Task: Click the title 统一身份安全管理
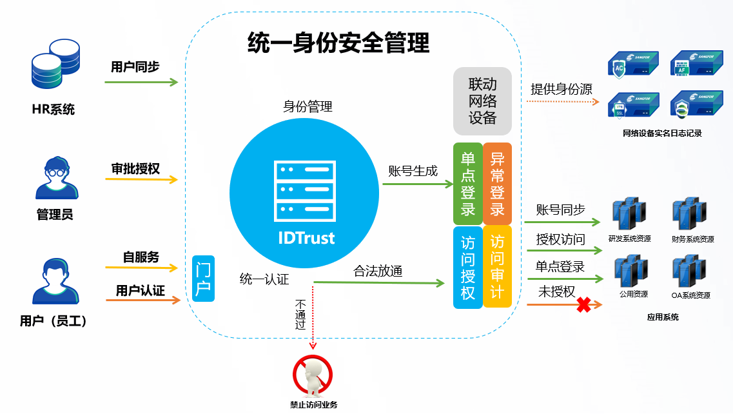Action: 338,44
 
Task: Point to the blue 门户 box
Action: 203,277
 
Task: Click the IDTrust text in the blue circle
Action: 306,237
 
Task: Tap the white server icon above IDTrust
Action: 306,190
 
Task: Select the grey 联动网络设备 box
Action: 482,101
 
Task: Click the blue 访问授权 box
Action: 468,267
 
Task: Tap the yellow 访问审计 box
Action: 497,267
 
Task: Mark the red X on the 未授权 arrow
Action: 583,305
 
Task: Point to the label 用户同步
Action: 135,66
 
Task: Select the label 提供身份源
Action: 561,89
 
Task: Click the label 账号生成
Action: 413,171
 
